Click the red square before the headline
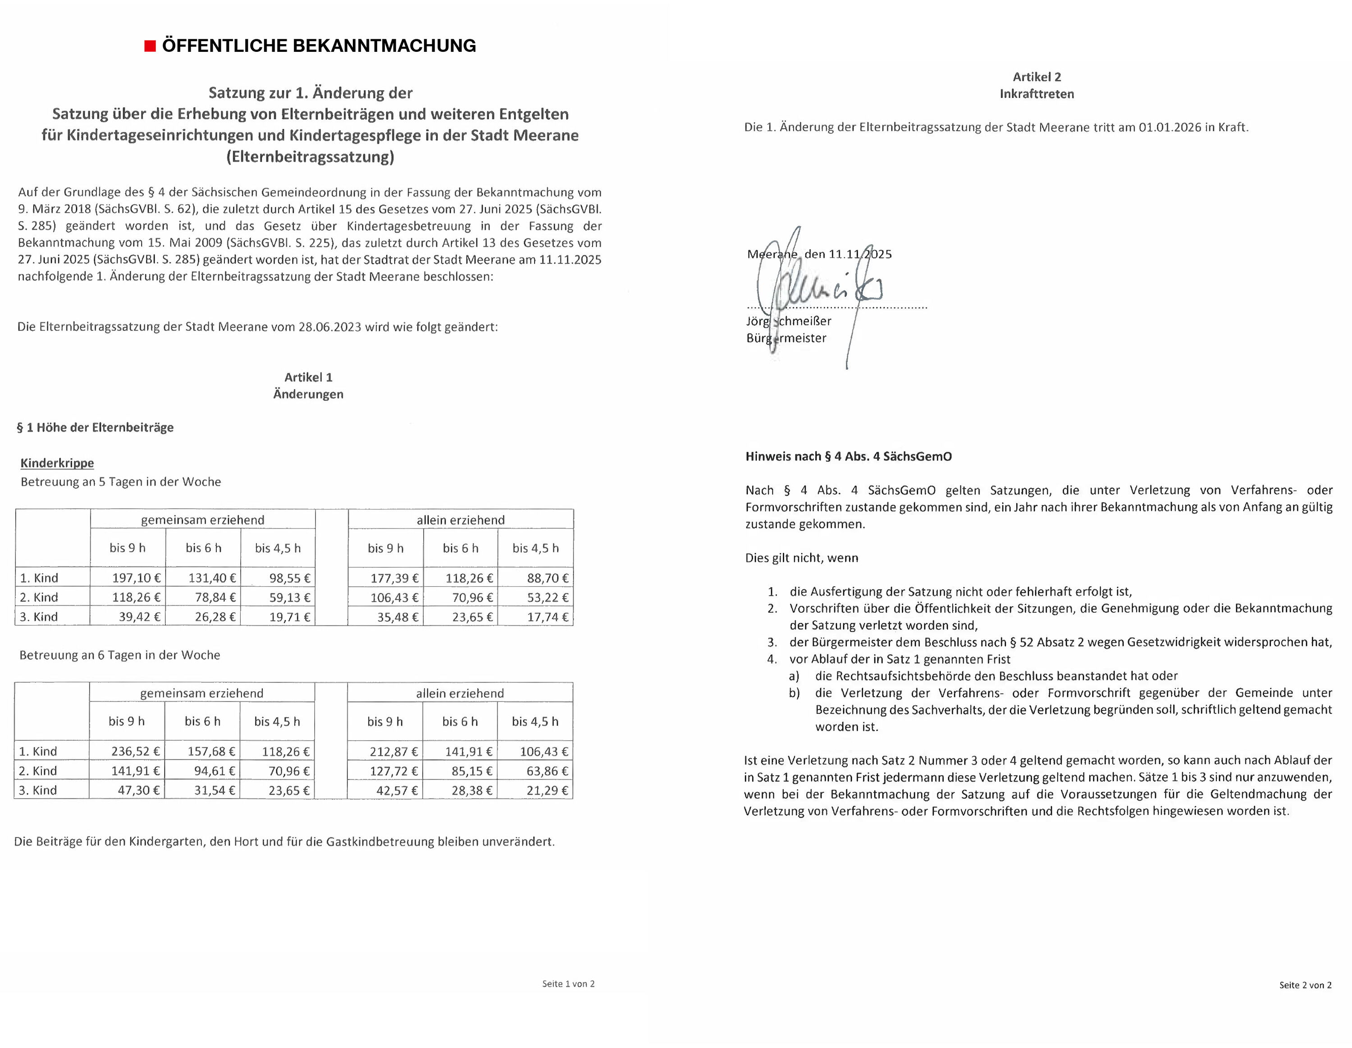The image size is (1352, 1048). [x=150, y=46]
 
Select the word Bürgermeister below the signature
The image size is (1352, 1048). [x=786, y=338]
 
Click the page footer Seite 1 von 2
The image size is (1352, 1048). [x=568, y=984]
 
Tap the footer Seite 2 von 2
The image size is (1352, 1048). [x=1305, y=985]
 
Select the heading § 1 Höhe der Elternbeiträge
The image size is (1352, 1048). [x=96, y=428]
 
